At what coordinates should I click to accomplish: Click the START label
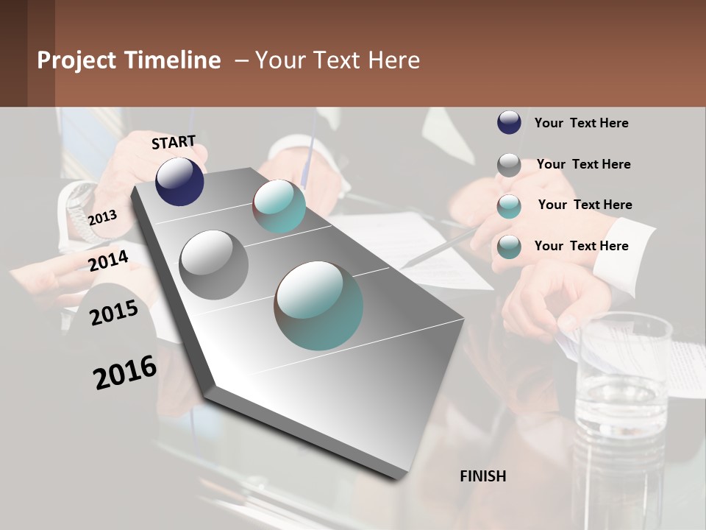[x=174, y=142]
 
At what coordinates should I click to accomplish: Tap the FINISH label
[x=483, y=476]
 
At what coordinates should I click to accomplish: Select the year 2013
[x=102, y=218]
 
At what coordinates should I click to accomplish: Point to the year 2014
[x=109, y=261]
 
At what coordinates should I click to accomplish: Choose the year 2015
[x=114, y=313]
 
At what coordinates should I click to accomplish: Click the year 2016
[x=125, y=372]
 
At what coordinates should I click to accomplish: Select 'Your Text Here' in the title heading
[x=337, y=60]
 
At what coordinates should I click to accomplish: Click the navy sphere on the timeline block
[x=179, y=181]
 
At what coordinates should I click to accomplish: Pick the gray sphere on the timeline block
[x=214, y=265]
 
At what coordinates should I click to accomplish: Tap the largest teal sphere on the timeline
[x=318, y=305]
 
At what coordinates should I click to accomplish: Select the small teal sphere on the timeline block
[x=279, y=206]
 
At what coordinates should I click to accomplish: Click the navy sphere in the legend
[x=509, y=122]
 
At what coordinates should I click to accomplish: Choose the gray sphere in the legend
[x=509, y=165]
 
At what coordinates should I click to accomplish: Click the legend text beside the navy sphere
[x=581, y=123]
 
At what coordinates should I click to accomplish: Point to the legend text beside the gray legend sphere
[x=583, y=164]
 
